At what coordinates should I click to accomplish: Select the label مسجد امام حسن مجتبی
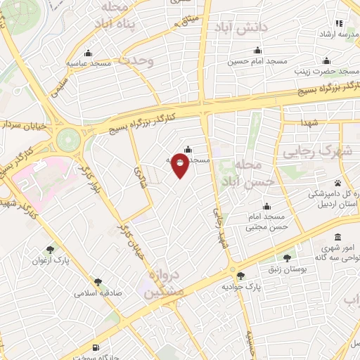(x=267, y=222)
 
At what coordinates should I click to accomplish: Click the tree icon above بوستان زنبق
(x=287, y=257)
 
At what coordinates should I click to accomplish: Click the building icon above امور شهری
(x=339, y=236)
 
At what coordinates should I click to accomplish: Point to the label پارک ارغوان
(x=49, y=260)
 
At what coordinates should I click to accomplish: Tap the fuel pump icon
(x=96, y=348)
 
